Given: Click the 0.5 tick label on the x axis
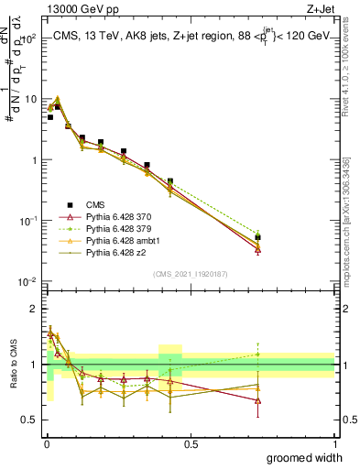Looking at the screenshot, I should point(191,443).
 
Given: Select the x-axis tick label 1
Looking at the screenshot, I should point(334,443).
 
